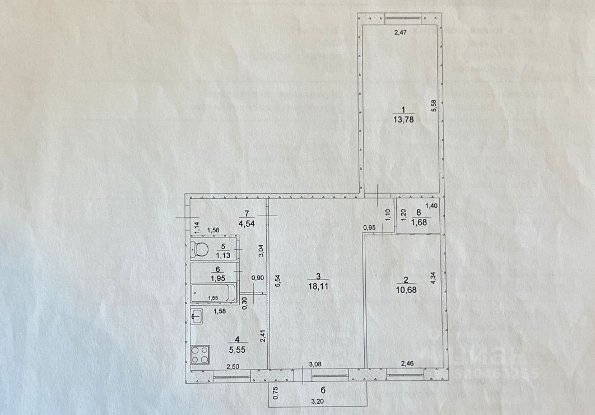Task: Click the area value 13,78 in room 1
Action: tap(401, 119)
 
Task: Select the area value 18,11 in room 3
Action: tap(318, 285)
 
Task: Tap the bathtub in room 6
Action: tap(213, 292)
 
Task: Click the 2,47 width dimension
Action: tap(399, 33)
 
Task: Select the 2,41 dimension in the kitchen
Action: tap(262, 335)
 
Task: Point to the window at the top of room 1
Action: tap(400, 18)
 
